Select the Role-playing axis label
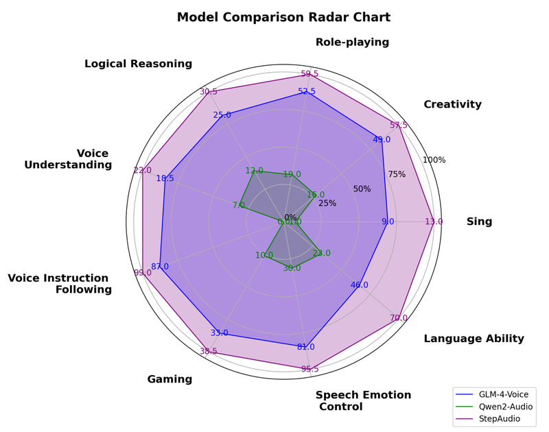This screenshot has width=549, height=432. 352,43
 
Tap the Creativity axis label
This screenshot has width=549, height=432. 452,104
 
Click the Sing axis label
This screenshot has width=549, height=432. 479,221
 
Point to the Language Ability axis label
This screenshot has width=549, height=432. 474,338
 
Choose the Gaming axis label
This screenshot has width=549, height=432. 170,379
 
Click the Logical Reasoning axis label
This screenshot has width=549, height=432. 138,64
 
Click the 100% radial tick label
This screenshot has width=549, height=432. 434,160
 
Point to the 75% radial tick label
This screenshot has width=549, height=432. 397,174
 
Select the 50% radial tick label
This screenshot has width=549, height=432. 362,189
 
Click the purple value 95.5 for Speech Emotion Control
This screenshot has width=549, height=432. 309,370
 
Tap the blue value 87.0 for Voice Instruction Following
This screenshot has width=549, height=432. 160,266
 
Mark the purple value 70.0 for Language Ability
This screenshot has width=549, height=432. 399,317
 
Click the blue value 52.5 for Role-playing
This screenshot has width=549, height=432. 307,91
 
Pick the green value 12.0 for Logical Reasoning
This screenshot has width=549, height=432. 254,170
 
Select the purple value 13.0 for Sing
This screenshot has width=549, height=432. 434,221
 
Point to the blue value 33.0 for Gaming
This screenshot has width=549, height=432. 219,333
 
